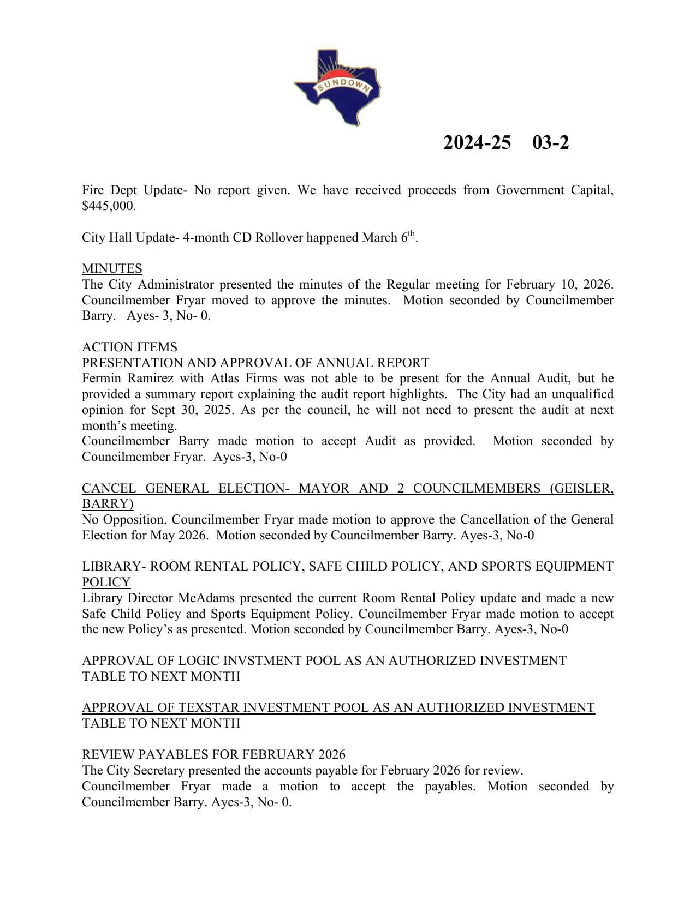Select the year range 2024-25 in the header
[477, 143]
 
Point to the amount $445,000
[109, 206]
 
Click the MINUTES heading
[112, 268]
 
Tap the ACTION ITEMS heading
[129, 347]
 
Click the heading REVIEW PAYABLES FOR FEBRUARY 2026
[213, 755]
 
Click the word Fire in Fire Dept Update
[93, 190]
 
